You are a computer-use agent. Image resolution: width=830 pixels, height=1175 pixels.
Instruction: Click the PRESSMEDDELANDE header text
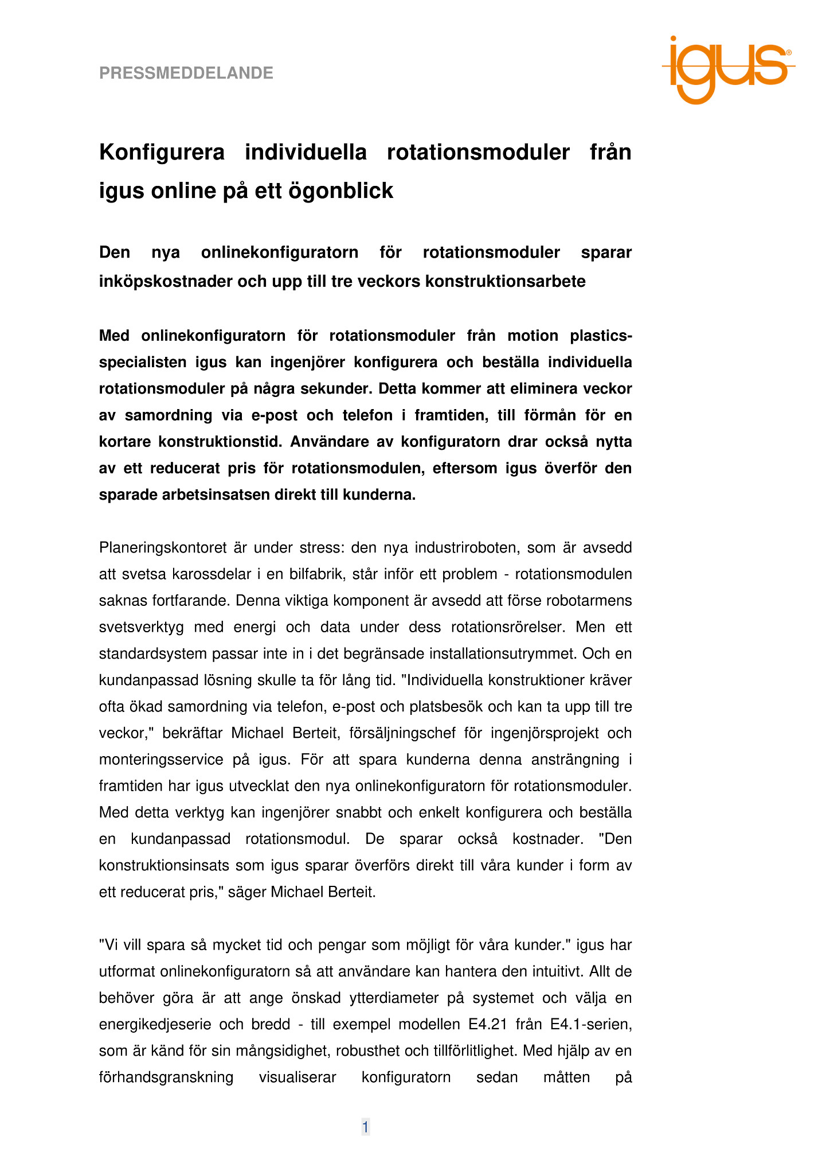pyautogui.click(x=186, y=73)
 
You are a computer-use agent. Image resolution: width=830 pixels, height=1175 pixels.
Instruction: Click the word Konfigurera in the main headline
pyautogui.click(x=162, y=153)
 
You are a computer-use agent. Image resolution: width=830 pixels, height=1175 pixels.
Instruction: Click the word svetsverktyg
pyautogui.click(x=142, y=627)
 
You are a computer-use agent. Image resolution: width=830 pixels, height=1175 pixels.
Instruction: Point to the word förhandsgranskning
pyautogui.click(x=166, y=1077)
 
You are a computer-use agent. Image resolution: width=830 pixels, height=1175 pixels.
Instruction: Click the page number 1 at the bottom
pyautogui.click(x=365, y=1127)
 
